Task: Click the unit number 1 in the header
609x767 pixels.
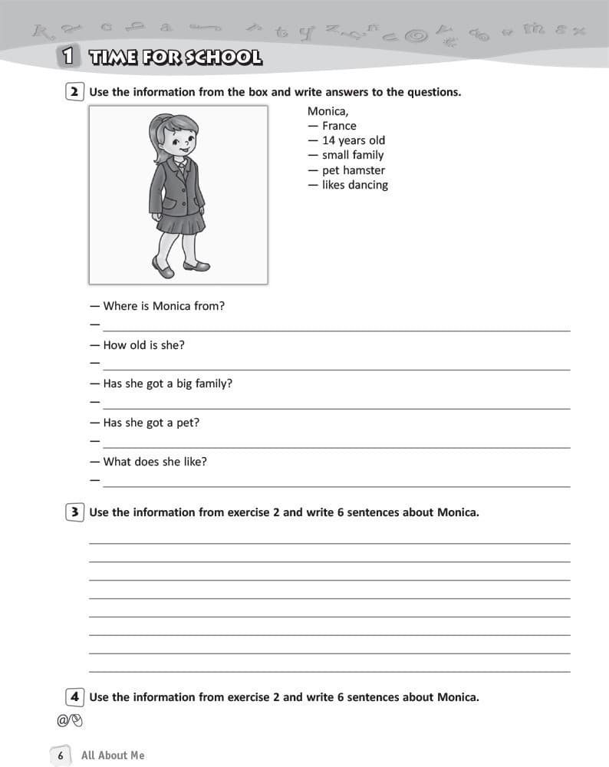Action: point(68,56)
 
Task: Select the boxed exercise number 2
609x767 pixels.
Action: point(74,92)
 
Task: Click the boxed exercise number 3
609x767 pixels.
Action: point(74,512)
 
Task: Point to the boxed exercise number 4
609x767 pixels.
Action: point(74,697)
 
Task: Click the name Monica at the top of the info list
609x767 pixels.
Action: point(328,111)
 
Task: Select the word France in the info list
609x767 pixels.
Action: point(339,126)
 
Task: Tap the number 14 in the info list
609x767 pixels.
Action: point(329,140)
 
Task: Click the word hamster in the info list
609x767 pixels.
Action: point(364,170)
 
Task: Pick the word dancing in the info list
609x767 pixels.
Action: point(368,185)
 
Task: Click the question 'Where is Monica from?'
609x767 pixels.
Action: point(163,306)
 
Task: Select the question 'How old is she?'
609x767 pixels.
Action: point(143,345)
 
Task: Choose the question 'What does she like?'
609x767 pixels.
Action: point(154,462)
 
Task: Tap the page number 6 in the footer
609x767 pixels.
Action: point(61,755)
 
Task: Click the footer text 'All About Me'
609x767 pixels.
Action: point(113,755)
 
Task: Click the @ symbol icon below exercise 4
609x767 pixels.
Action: point(62,720)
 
